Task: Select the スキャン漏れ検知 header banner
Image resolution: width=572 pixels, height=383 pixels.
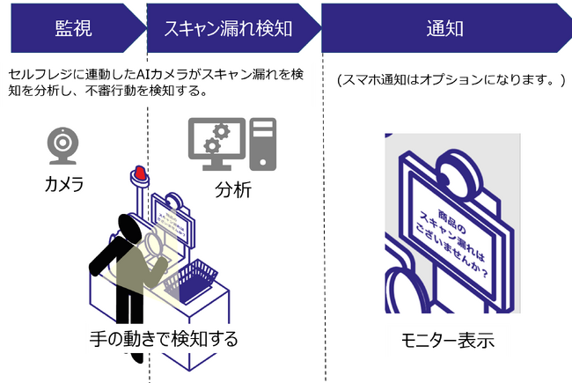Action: (x=229, y=27)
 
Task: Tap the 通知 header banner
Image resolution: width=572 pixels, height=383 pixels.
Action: (x=444, y=27)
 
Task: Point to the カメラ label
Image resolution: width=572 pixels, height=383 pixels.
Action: (x=64, y=184)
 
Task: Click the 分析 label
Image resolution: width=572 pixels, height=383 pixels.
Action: (x=232, y=190)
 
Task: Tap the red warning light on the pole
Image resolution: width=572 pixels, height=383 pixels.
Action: (x=138, y=172)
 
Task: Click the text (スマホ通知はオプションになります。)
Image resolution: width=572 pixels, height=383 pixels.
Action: (x=450, y=80)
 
